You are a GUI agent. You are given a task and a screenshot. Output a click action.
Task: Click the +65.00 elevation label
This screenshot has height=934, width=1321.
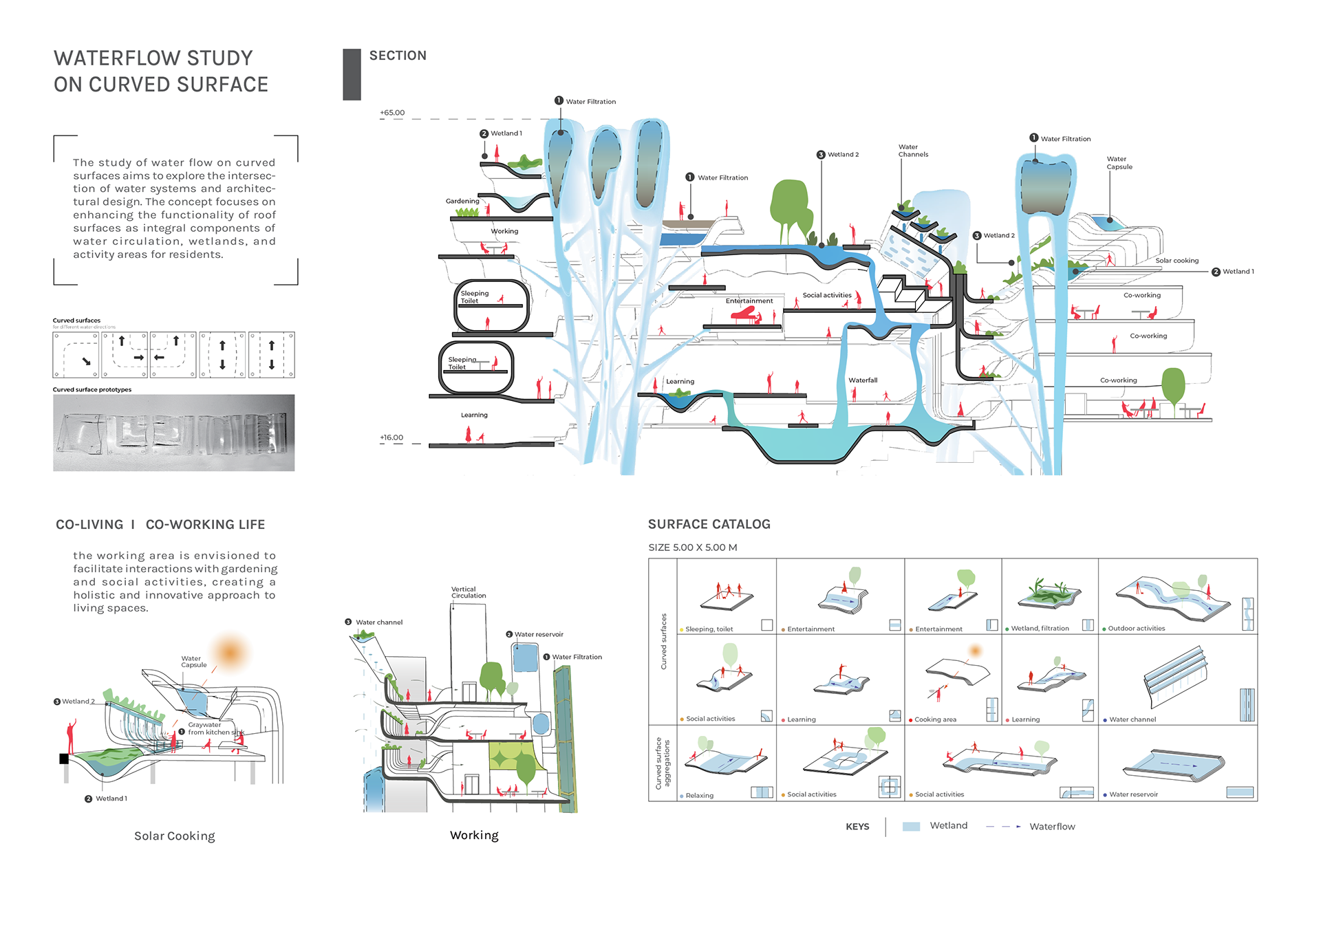pos(392,112)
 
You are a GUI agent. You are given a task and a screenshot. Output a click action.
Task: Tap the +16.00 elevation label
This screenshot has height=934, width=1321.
pos(391,437)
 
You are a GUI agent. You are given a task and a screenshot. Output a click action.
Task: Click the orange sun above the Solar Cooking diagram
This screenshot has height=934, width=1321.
pos(230,653)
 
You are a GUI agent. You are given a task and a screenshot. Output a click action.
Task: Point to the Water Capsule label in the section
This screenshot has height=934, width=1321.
pos(1119,163)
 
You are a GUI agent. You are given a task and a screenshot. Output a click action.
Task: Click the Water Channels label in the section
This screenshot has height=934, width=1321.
pos(913,151)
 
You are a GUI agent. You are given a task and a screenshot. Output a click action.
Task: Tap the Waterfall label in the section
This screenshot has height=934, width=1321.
pos(863,380)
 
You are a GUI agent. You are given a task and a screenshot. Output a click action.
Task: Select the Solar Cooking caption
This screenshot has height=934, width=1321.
pos(174,836)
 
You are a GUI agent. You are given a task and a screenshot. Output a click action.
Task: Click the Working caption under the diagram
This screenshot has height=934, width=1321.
pos(474,836)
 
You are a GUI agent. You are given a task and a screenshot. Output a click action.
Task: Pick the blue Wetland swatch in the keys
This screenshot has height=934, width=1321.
pos(911,827)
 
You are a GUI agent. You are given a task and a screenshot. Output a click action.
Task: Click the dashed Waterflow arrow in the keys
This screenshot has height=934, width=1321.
pos(1003,827)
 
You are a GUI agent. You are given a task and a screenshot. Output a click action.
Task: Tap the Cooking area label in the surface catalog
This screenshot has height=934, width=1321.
pos(935,719)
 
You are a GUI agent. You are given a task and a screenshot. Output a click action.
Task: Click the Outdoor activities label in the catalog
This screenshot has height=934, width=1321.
pos(1136,629)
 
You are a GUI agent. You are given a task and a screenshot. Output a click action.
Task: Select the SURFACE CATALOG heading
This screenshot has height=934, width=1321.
pos(709,524)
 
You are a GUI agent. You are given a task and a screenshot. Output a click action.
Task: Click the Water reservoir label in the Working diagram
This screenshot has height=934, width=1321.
pos(539,634)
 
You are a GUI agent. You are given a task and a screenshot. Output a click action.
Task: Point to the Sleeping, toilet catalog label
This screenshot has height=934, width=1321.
pos(709,629)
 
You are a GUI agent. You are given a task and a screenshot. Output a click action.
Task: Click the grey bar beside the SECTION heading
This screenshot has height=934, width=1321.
pos(352,75)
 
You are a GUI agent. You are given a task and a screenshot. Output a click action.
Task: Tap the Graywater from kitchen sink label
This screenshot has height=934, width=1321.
pos(215,728)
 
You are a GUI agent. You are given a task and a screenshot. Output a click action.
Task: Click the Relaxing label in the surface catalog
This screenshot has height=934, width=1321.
pos(699,796)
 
